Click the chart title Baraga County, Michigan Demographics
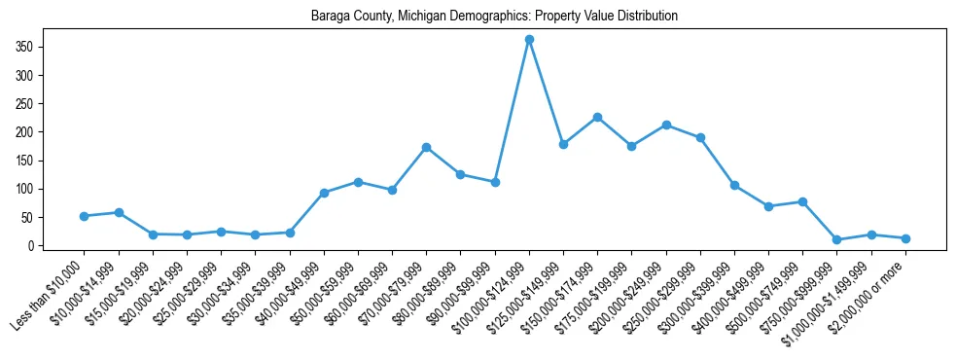[494, 17]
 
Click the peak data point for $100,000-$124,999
[529, 40]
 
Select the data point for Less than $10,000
[85, 216]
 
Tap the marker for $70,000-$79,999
[426, 147]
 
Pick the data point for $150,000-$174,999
[597, 117]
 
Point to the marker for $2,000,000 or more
[905, 238]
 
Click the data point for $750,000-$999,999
[837, 239]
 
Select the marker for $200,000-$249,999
[666, 125]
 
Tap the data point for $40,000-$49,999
[324, 193]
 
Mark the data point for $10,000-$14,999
[119, 212]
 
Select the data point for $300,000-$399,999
[734, 185]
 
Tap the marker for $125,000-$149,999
[563, 144]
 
